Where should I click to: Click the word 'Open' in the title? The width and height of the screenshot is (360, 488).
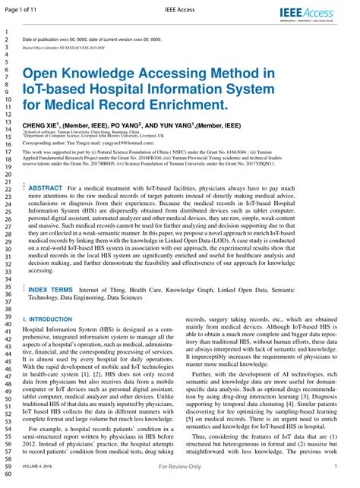point(43,73)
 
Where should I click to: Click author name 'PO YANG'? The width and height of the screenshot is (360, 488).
point(126,124)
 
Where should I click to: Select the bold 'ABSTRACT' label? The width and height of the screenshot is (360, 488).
point(45,187)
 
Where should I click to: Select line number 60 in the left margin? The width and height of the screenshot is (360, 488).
point(8,474)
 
